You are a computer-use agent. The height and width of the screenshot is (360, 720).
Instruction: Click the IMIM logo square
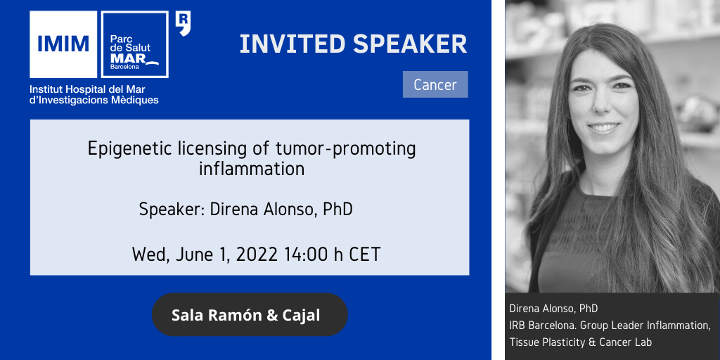[63, 44]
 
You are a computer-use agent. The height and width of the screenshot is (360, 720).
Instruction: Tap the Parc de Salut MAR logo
[134, 44]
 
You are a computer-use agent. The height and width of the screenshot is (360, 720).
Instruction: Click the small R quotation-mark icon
[184, 24]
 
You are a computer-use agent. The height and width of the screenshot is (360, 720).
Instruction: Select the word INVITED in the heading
[292, 44]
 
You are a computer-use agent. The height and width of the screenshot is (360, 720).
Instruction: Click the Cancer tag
[435, 84]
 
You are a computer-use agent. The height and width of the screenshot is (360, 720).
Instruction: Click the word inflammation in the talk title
[252, 169]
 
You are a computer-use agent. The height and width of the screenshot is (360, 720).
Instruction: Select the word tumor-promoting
[346, 149]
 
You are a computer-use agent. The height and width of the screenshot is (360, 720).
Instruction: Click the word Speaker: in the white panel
[172, 210]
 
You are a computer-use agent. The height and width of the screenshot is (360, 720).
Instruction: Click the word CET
[365, 254]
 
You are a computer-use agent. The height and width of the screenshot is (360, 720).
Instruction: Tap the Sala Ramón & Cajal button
[250, 315]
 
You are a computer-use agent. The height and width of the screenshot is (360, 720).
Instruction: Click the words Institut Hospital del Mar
[87, 89]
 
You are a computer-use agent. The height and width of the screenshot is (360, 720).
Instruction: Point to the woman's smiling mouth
[604, 127]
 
